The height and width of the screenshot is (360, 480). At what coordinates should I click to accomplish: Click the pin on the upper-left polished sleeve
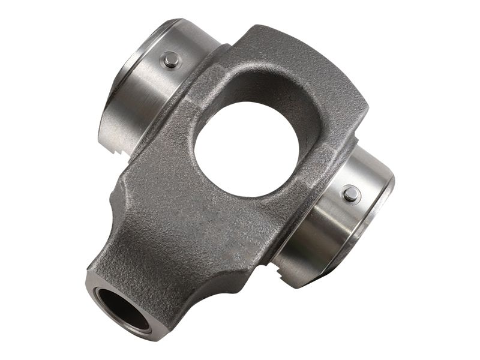tap(171, 59)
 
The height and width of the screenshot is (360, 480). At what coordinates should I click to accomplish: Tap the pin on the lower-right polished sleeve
tap(351, 194)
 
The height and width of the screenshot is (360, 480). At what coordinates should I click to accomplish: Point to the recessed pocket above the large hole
tap(264, 84)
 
